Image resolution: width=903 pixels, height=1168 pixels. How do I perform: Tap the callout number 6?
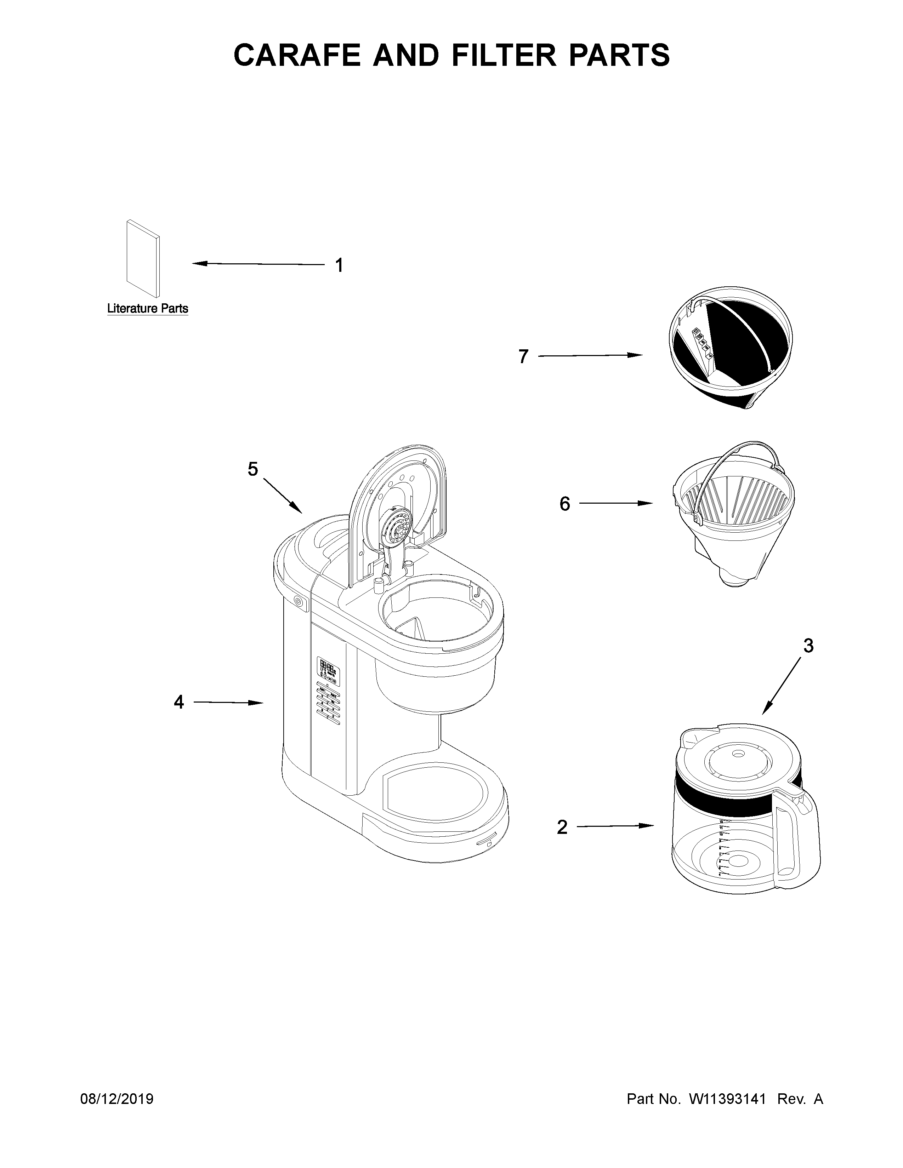[565, 504]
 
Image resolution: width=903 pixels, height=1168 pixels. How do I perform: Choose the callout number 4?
[179, 702]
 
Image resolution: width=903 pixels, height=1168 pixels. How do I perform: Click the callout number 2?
[562, 827]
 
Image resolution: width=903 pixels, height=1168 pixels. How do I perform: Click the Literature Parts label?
[148, 309]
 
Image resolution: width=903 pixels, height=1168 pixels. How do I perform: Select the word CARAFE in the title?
[297, 55]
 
